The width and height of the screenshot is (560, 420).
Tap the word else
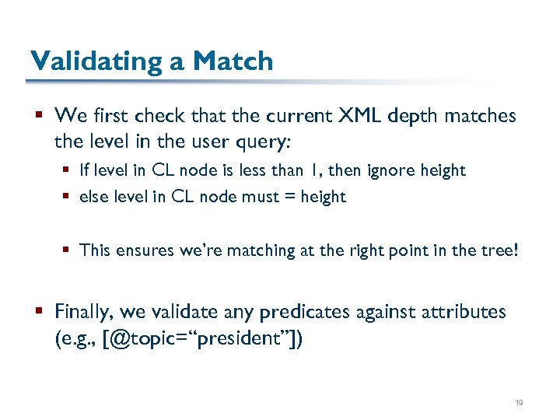[x=94, y=197]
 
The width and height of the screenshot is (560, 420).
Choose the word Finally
[x=86, y=312]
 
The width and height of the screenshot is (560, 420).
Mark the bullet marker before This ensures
[x=68, y=250]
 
